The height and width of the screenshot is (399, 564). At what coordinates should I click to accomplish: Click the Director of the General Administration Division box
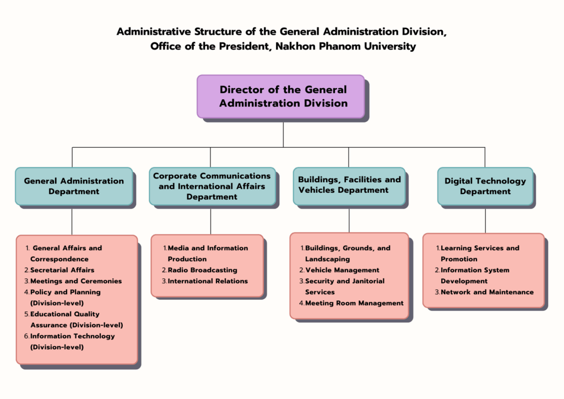tap(280, 96)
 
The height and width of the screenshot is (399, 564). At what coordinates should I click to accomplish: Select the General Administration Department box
tap(73, 186)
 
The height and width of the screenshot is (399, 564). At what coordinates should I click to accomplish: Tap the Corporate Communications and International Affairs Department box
tap(212, 186)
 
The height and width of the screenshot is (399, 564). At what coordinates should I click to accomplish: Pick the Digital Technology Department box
tap(485, 186)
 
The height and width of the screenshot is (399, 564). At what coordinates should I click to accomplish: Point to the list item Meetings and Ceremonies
tap(76, 281)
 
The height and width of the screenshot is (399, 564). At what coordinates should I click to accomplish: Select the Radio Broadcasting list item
tap(202, 270)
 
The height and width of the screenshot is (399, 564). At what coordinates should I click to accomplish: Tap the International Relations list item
tap(208, 281)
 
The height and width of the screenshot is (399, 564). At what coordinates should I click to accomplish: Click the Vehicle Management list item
tap(342, 270)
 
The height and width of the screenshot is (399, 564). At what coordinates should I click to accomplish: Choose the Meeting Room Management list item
tap(354, 303)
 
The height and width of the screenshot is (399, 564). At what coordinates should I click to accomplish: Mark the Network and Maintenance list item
tap(487, 292)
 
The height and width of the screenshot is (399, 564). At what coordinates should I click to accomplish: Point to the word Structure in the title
tap(213, 31)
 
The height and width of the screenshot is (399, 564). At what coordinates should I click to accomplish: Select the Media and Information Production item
tap(207, 254)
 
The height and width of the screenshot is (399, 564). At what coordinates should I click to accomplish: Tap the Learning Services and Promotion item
tap(479, 254)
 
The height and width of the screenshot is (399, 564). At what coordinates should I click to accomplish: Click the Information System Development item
tap(475, 276)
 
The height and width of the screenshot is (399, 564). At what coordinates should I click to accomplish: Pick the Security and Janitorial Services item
tap(344, 287)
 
